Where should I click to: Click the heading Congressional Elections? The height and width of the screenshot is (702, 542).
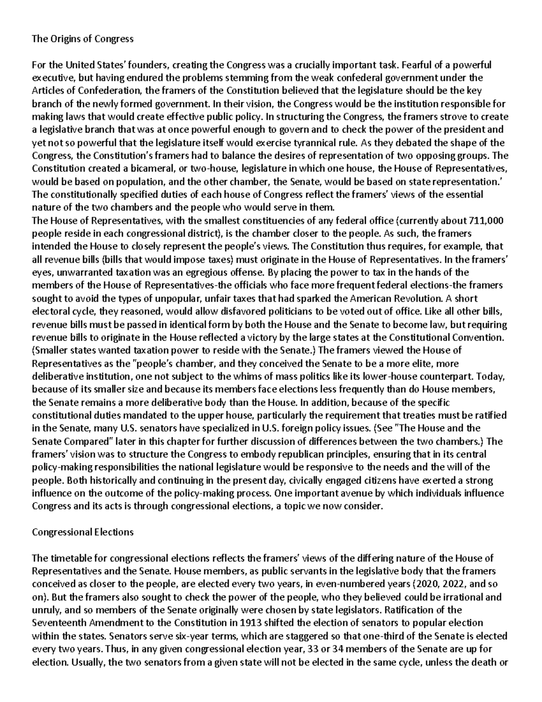(83, 532)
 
